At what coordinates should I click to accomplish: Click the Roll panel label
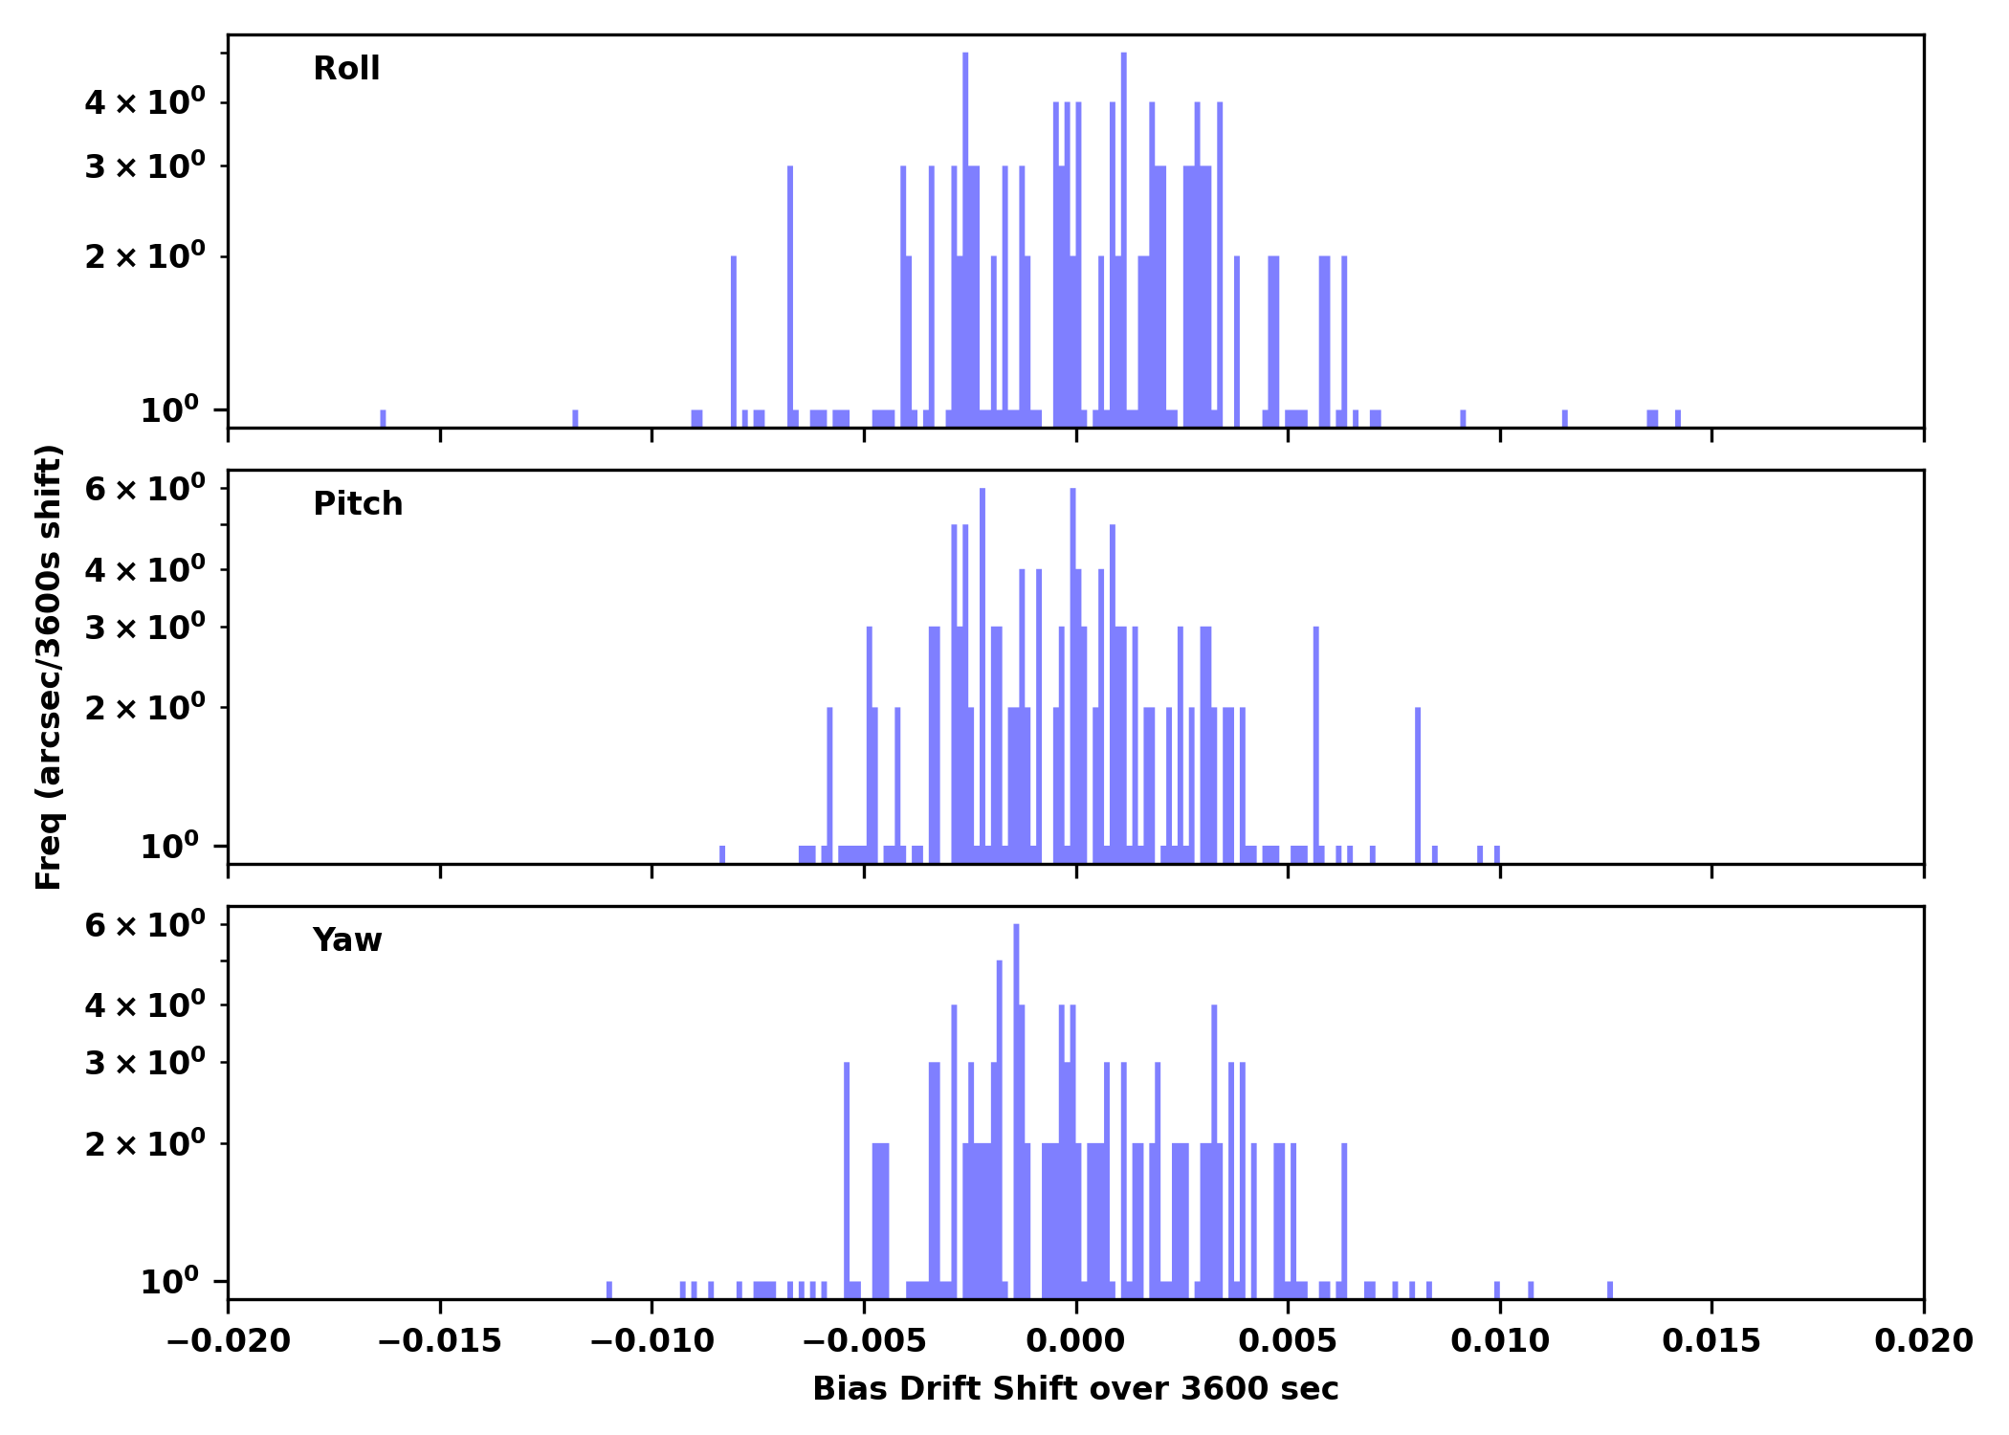(346, 69)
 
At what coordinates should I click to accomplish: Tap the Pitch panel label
(358, 504)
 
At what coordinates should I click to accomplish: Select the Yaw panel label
(346, 940)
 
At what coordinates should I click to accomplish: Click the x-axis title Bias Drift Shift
(1075, 1389)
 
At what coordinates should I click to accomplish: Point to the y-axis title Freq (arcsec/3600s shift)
(48, 667)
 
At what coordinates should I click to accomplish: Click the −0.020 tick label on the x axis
(228, 1341)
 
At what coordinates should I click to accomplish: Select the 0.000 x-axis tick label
(1075, 1341)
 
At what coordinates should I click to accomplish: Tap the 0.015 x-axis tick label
(1711, 1341)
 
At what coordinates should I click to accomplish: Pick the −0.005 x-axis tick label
(864, 1341)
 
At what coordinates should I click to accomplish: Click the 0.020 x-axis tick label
(1923, 1341)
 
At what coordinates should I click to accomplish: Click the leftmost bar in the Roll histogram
(383, 418)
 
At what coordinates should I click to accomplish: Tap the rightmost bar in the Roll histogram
(1678, 418)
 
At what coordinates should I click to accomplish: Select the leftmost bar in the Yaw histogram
(609, 1290)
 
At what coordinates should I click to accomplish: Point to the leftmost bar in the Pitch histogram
(722, 854)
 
